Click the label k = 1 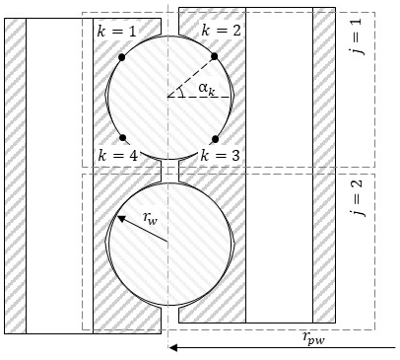click(116, 31)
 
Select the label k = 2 click(221, 31)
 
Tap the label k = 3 click(220, 155)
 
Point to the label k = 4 click(117, 156)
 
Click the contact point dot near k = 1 click(122, 57)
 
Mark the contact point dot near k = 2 click(215, 56)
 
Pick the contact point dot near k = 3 click(215, 139)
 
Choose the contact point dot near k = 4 click(122, 138)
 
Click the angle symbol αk click(207, 89)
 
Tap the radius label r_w click(151, 219)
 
